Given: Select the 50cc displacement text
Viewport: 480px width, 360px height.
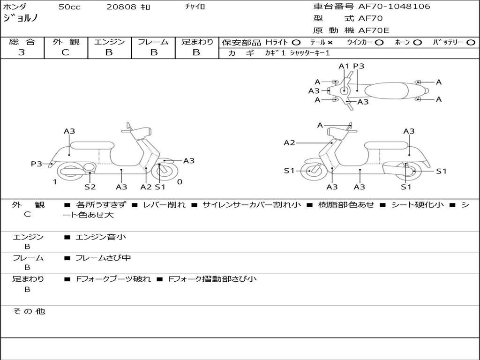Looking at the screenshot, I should [x=69, y=7].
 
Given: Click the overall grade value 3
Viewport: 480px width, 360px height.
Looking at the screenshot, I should [x=22, y=52].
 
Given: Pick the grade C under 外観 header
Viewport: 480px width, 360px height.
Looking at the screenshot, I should [x=65, y=52].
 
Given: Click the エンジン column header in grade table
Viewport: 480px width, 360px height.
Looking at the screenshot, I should [x=109, y=42].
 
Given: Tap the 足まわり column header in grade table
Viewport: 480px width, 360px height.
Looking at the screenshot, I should [x=197, y=42].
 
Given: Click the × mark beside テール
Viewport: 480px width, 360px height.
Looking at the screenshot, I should [x=330, y=42].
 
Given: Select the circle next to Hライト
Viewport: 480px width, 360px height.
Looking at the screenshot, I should [x=296, y=42].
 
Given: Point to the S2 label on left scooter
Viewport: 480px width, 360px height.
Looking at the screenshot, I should [x=90, y=187].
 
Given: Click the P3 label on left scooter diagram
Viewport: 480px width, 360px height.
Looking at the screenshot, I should [x=36, y=164].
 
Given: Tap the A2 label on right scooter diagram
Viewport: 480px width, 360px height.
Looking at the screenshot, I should [x=289, y=142].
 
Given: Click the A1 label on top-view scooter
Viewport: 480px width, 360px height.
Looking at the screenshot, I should [x=344, y=66].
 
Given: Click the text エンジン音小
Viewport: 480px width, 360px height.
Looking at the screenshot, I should [x=101, y=237].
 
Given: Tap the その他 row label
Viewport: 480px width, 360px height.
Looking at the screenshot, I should [x=29, y=311].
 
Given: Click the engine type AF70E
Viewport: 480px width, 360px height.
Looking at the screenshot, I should [x=374, y=30].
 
